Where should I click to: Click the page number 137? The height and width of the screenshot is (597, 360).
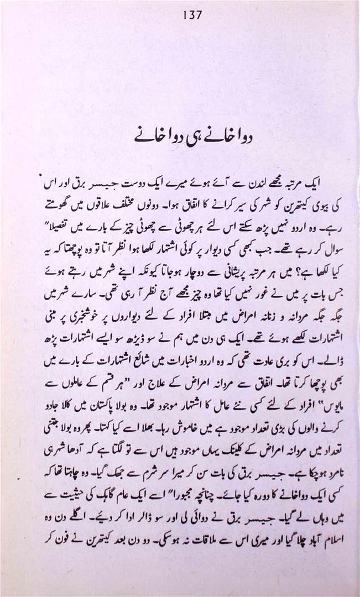coord(191,15)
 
